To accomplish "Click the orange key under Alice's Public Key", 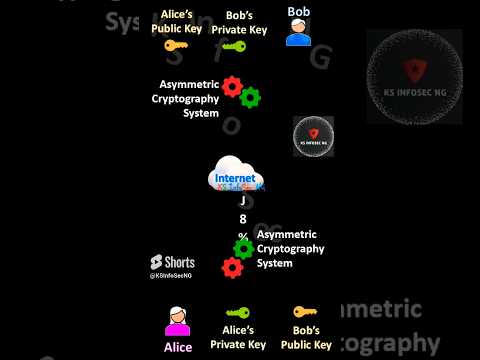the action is click(x=176, y=46).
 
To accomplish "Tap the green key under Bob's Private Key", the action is click(x=234, y=46).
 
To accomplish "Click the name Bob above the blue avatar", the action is click(x=298, y=12).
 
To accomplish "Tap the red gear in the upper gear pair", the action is click(x=233, y=87).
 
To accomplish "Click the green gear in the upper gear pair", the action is click(x=250, y=97).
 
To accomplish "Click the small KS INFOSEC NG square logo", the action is click(x=313, y=136).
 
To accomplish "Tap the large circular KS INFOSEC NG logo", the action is click(x=414, y=83).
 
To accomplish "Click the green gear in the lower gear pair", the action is click(x=243, y=248).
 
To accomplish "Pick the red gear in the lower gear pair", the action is click(x=232, y=267).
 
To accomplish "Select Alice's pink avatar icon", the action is click(x=178, y=322).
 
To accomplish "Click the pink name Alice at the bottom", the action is click(x=178, y=347).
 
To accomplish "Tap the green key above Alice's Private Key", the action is click(x=238, y=313).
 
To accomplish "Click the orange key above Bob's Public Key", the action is click(x=305, y=313).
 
